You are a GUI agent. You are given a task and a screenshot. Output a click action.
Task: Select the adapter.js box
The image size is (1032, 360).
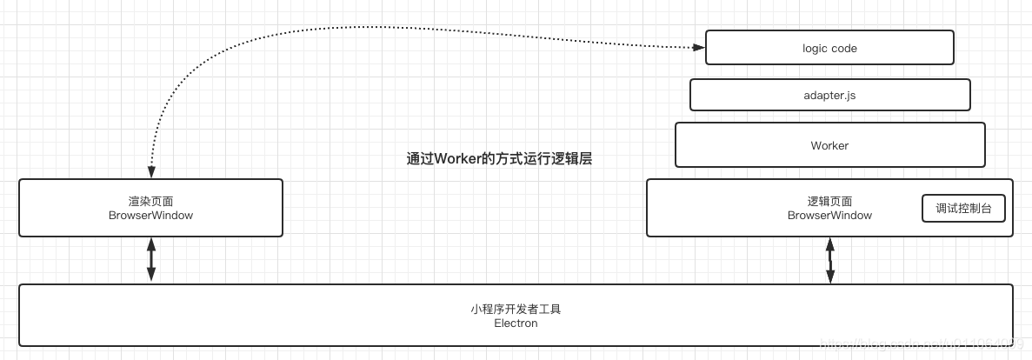[829, 95]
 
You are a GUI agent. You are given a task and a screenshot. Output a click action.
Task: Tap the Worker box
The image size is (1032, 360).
[829, 145]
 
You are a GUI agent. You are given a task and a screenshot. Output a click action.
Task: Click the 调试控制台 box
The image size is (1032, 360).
[963, 209]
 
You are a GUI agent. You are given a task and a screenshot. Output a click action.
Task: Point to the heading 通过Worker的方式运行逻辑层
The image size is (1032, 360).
[499, 159]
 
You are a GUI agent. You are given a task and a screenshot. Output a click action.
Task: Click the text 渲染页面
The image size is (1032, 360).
[150, 201]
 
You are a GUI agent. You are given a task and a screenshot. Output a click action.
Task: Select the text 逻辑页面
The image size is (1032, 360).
[829, 201]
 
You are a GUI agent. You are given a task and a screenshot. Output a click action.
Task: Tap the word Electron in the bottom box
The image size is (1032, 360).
[516, 323]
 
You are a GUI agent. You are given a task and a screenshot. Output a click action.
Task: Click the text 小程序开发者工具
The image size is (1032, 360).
[516, 310]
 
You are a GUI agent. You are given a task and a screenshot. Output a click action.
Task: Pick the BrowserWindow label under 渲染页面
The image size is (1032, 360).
[150, 215]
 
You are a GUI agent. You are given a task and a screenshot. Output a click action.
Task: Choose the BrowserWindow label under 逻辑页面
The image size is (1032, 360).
[829, 215]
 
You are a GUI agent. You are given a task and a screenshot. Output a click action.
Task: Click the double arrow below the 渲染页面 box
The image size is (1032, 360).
[151, 260]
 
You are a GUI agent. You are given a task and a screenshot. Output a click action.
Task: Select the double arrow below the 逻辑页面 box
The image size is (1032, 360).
[830, 260]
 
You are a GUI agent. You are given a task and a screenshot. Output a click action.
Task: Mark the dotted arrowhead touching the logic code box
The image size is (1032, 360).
[698, 48]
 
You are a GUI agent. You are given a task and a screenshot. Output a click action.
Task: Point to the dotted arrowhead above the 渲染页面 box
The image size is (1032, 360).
[151, 172]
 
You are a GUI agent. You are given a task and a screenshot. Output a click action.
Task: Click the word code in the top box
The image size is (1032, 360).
[844, 49]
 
